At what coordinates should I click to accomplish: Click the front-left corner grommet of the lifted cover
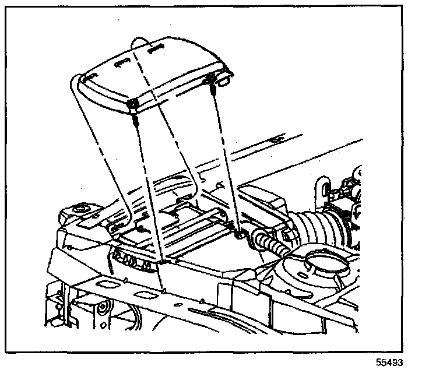coord(133,104)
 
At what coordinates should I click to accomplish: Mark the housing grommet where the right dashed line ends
coord(239,235)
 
